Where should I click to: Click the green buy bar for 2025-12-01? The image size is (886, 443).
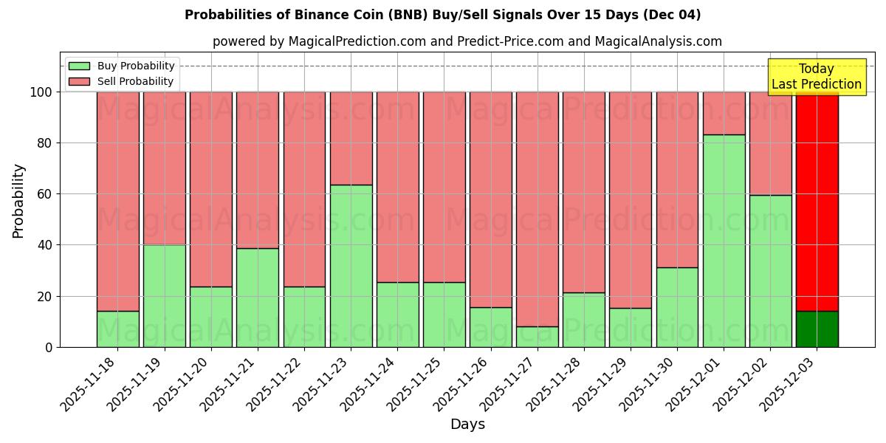724,241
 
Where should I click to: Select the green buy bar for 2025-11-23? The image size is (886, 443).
351,266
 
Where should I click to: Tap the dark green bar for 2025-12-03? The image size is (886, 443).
817,329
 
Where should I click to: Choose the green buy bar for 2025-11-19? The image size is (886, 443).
164,295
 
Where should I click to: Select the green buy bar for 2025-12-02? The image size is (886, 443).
770,271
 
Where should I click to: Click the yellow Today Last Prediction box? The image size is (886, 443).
817,77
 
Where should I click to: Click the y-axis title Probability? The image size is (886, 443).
18,201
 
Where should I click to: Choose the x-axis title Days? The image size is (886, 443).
467,425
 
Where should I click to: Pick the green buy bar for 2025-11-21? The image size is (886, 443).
258,298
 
